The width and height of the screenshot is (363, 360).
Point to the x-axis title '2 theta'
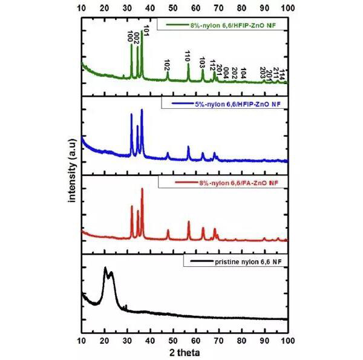pos(185,351)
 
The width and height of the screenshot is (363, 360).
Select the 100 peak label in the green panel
pos(130,36)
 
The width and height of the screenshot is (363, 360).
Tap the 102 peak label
pos(167,65)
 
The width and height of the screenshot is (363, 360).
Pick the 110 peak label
pos(188,56)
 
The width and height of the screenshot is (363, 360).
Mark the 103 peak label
pos(202,63)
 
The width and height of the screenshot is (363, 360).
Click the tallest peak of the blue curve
pos(142,110)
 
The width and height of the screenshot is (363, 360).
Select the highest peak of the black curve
pos(105,267)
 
